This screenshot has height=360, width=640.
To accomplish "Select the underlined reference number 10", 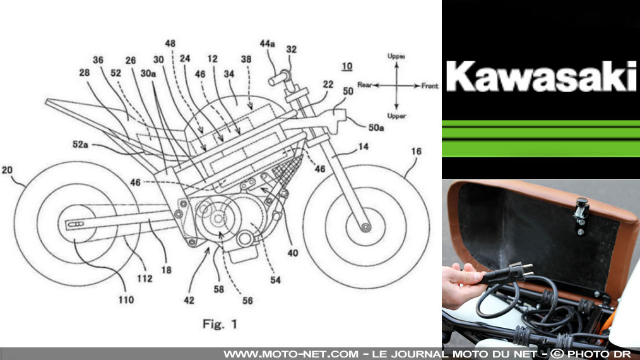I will pyautogui.click(x=346, y=66).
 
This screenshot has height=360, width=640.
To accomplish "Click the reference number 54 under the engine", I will pyautogui.click(x=276, y=280).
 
